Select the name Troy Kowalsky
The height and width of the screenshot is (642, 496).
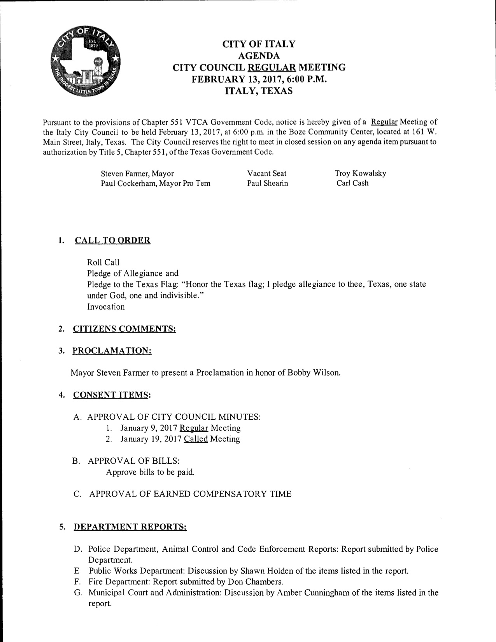(x=360, y=173)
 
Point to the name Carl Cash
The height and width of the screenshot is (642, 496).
(x=352, y=183)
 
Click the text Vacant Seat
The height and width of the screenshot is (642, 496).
(x=266, y=173)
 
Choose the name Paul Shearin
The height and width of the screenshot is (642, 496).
(x=267, y=183)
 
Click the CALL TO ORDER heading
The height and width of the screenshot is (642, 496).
(x=112, y=240)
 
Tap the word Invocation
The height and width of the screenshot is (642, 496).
(x=106, y=307)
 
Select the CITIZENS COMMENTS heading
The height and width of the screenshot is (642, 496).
(x=124, y=329)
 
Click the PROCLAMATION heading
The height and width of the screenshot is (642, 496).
(x=112, y=351)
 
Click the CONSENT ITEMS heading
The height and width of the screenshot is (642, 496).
(x=111, y=395)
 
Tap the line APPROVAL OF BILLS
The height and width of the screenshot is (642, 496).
(x=133, y=461)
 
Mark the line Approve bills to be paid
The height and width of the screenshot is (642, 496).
(x=150, y=472)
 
